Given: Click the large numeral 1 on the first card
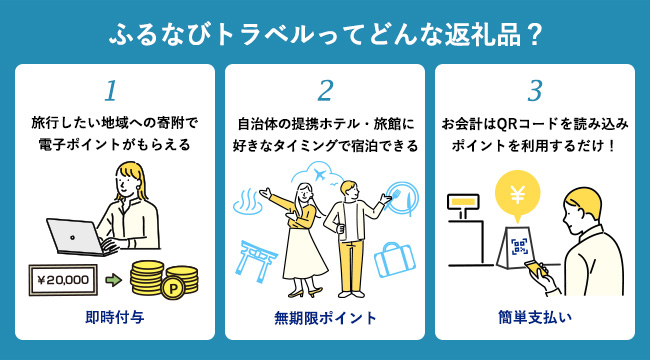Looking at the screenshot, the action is [x=111, y=91].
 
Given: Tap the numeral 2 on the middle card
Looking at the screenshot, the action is [x=325, y=91].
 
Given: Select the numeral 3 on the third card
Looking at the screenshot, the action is [x=535, y=91].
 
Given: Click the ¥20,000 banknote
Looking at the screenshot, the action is [x=63, y=280].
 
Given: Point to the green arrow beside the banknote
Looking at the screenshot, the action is [x=114, y=280].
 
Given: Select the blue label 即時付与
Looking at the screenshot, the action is [x=115, y=318].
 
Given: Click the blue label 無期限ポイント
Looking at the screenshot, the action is [x=325, y=318].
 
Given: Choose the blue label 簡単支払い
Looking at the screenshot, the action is [x=535, y=318].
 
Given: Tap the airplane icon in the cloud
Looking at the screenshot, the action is [x=319, y=175].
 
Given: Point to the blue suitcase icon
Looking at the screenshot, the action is [x=395, y=259].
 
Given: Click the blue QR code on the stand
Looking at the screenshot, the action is [x=519, y=246].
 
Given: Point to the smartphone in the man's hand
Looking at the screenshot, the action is [x=535, y=268].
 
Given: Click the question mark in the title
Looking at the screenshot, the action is [x=535, y=36].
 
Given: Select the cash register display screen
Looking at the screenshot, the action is [x=463, y=202].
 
